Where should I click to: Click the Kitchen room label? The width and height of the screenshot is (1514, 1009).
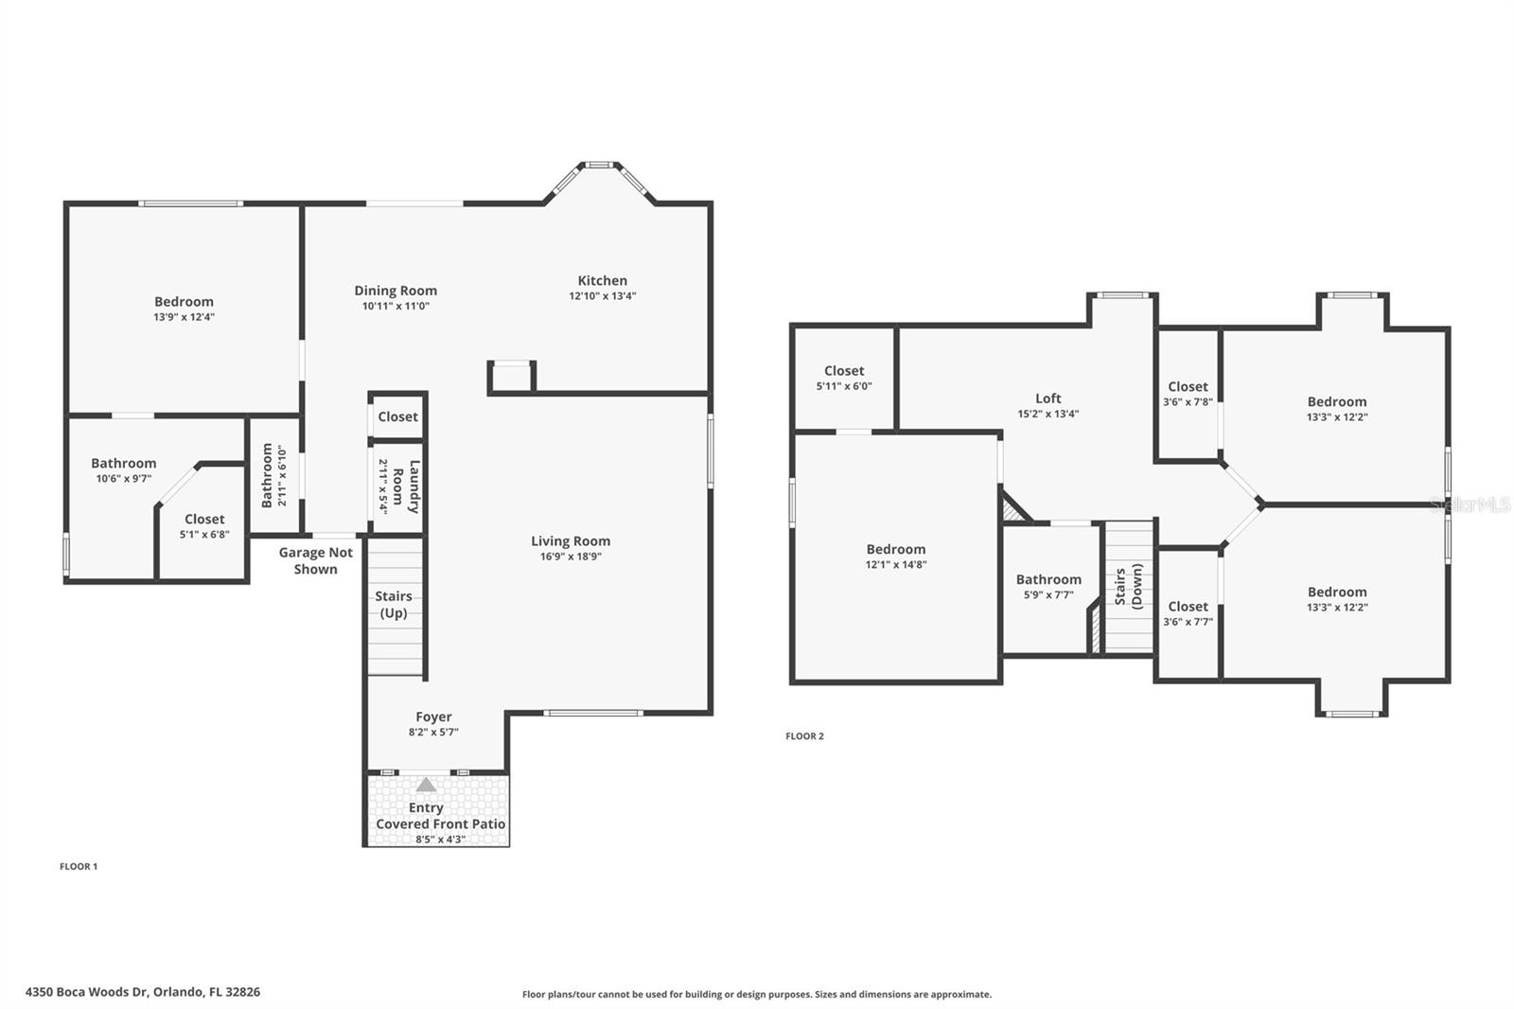click(602, 280)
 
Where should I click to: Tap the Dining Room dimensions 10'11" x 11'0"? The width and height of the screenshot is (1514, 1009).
click(396, 306)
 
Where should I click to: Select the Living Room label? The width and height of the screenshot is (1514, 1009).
click(570, 541)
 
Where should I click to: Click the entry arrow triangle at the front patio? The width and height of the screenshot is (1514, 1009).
click(427, 784)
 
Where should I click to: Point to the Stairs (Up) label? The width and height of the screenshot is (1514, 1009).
click(394, 604)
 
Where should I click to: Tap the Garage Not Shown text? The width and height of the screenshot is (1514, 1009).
click(315, 560)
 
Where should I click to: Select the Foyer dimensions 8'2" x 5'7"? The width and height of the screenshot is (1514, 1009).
click(433, 732)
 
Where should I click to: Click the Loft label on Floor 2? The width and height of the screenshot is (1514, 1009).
click(1047, 398)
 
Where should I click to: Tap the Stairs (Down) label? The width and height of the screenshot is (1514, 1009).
click(1128, 586)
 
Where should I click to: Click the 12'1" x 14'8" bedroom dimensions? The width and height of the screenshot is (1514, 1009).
click(895, 564)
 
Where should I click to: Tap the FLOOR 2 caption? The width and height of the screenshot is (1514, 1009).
click(804, 735)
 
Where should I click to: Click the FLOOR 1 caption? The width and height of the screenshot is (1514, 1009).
click(79, 866)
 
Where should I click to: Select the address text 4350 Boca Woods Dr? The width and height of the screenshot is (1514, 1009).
click(142, 992)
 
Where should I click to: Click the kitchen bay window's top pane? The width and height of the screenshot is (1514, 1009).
click(598, 165)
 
